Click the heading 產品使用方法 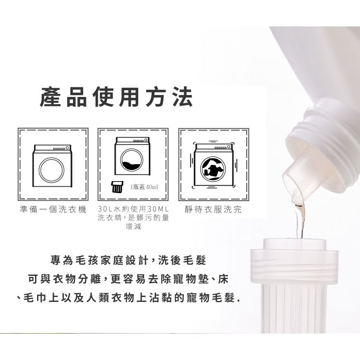[x=116, y=97]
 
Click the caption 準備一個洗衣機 [x=53, y=209]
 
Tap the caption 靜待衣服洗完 [x=213, y=209]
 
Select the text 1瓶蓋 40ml [x=144, y=187]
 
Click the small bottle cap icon [x=117, y=186]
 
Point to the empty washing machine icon [x=52, y=166]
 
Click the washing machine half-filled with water [x=132, y=156]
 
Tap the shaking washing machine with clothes [x=213, y=165]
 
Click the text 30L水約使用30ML [x=133, y=209]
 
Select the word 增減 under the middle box [x=133, y=227]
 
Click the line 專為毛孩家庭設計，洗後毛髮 [x=128, y=260]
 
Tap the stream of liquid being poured [x=300, y=220]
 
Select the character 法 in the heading [x=182, y=97]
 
